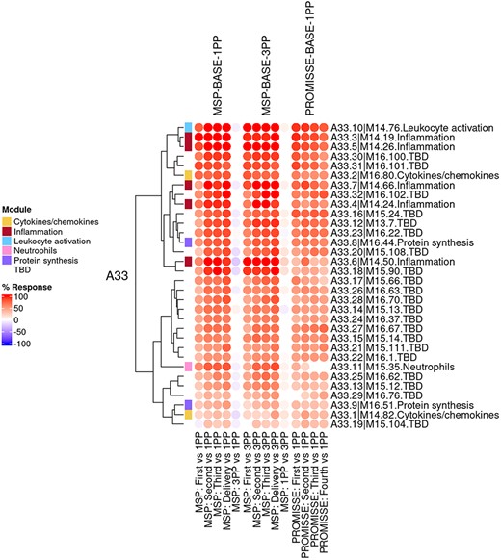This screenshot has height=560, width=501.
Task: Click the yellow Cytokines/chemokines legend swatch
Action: [x=8, y=221]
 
